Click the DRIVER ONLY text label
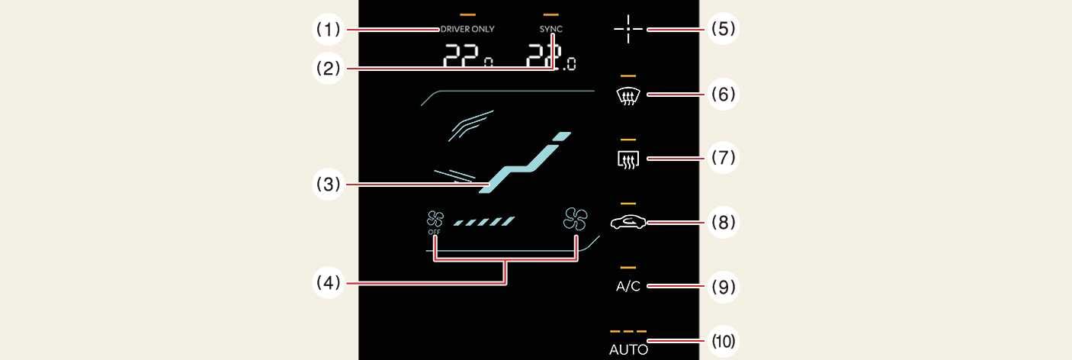coord(467,30)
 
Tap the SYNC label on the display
coord(550,30)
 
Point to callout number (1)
coord(330,30)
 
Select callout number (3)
coord(330,183)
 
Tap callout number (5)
coord(723,30)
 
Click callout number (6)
coord(723,95)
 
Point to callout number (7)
coord(723,158)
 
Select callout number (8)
coord(723,222)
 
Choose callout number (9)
coord(723,287)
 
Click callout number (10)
coord(723,341)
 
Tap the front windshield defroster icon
coord(628,95)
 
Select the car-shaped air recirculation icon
coord(628,222)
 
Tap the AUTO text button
coord(628,350)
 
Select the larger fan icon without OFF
coord(576,220)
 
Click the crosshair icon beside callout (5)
coord(628,30)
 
